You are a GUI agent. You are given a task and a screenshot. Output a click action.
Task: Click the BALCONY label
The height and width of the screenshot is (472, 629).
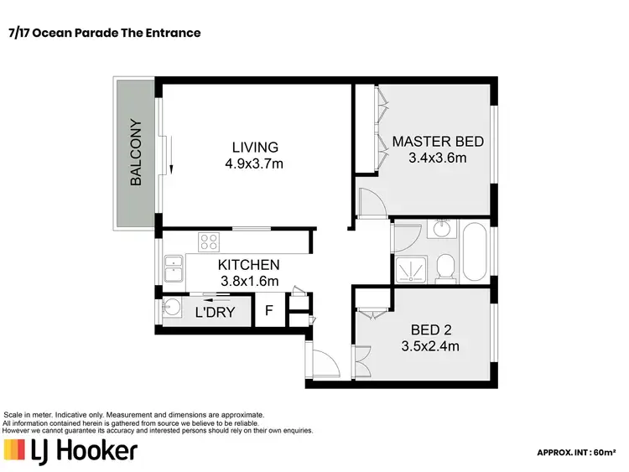click(135, 153)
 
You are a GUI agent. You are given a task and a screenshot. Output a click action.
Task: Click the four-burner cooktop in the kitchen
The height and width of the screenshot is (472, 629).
click(209, 242)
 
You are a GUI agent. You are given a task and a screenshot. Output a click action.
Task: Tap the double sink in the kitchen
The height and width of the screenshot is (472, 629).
click(174, 272)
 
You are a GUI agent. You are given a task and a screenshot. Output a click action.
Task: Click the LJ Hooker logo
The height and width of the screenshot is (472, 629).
click(70, 451)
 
